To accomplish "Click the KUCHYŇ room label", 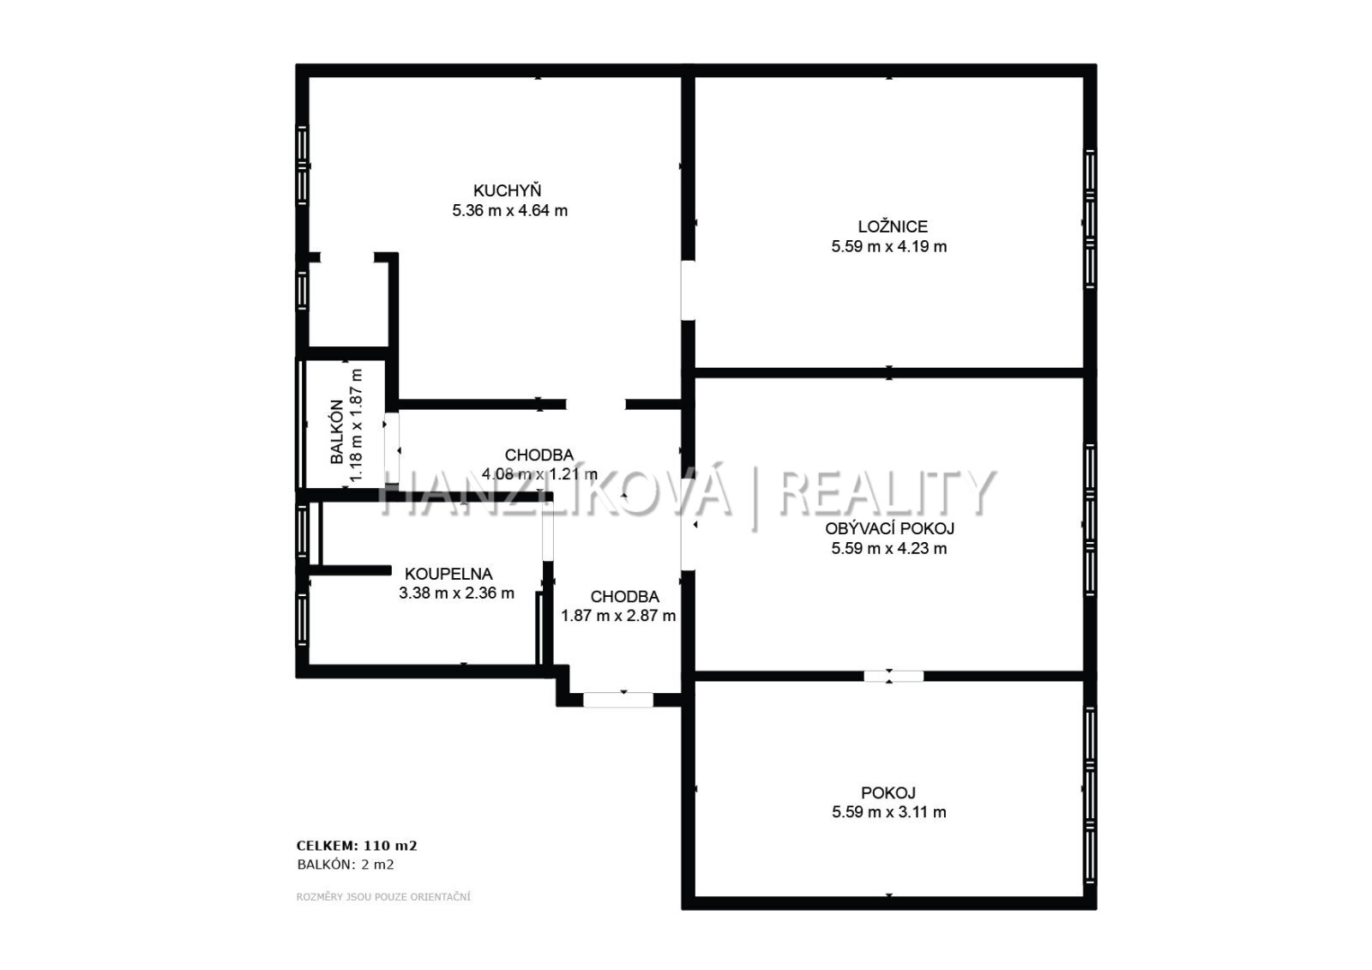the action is pyautogui.click(x=507, y=190).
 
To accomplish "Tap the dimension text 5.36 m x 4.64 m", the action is pyautogui.click(x=509, y=211).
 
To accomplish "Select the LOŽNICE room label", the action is pyautogui.click(x=893, y=226).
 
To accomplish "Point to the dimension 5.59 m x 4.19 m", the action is pyautogui.click(x=888, y=247).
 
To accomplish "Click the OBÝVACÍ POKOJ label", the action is pyautogui.click(x=889, y=528).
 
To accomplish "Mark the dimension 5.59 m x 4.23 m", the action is pyautogui.click(x=888, y=548).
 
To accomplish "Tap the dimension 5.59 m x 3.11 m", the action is pyautogui.click(x=888, y=812).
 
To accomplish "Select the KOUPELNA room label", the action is pyautogui.click(x=448, y=574).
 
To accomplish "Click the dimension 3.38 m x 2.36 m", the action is pyautogui.click(x=456, y=593).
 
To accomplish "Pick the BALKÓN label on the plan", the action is pyautogui.click(x=337, y=431).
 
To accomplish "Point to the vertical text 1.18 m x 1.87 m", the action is pyautogui.click(x=356, y=425).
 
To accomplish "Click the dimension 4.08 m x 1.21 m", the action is pyautogui.click(x=539, y=474).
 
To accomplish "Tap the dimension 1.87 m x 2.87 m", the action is pyautogui.click(x=618, y=616).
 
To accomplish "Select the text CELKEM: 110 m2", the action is pyautogui.click(x=357, y=846).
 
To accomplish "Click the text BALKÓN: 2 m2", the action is pyautogui.click(x=346, y=865).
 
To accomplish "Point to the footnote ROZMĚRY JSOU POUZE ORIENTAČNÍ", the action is pyautogui.click(x=383, y=897).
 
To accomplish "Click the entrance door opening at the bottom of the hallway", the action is pyautogui.click(x=618, y=700).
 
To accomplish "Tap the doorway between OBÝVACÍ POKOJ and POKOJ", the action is pyautogui.click(x=894, y=676).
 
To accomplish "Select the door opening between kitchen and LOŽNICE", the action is pyautogui.click(x=688, y=291).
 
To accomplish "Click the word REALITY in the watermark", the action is pyautogui.click(x=887, y=492).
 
